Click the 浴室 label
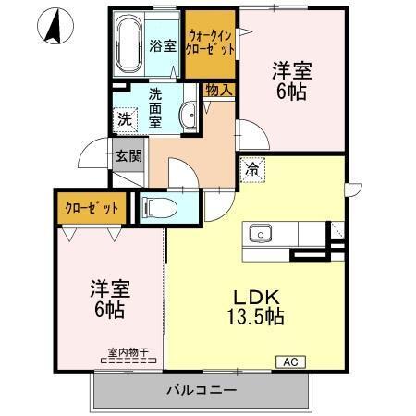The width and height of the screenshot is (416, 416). (163, 44)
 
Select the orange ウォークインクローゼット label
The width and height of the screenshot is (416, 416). (209, 43)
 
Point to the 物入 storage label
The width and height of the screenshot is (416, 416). (218, 90)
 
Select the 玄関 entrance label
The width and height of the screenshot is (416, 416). (128, 155)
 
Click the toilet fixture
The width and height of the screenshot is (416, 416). (162, 207)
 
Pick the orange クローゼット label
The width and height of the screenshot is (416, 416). (92, 207)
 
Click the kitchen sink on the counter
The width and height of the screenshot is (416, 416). (260, 234)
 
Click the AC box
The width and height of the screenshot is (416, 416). (288, 361)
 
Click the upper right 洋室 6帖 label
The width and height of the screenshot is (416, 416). (291, 80)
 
